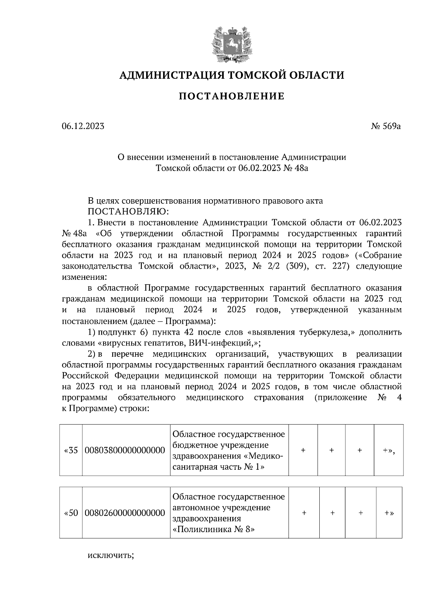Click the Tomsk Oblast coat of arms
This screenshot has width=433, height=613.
click(231, 44)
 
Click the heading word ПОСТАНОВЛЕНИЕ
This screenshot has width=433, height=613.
click(231, 96)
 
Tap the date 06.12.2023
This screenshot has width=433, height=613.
click(83, 126)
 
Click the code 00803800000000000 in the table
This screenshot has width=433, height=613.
click(125, 450)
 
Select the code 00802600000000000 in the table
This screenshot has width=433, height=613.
click(125, 513)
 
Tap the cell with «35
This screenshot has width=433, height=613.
click(71, 450)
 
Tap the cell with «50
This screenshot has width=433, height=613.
click(71, 513)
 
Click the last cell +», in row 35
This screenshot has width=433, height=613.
click(389, 450)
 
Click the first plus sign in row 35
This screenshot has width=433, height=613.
click(303, 450)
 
